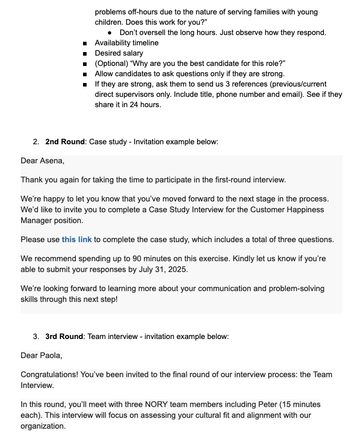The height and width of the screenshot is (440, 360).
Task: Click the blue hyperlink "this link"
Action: coord(76,240)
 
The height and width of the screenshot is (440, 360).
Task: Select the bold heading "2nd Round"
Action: coord(64,142)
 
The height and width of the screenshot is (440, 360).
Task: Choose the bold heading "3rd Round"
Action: coord(64,336)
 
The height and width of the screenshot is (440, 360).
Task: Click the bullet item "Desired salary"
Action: coord(119,53)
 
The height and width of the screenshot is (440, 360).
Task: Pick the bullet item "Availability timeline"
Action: coord(126,43)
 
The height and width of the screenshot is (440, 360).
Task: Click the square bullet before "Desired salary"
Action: coord(85,53)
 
